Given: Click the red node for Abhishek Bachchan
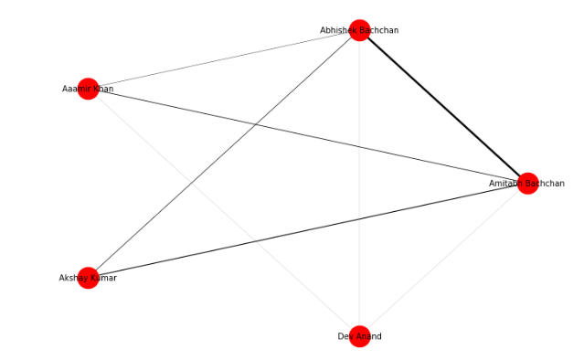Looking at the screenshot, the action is tap(359, 30).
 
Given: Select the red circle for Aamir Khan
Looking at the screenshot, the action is tap(88, 89).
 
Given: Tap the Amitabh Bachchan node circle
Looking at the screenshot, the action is tap(527, 183).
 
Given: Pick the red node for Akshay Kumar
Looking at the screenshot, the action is tap(88, 278).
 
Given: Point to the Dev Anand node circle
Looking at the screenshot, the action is tap(359, 336).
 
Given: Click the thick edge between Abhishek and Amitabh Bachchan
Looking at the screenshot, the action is tap(443, 106).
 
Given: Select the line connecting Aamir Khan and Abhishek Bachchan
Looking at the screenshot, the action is tap(223, 59).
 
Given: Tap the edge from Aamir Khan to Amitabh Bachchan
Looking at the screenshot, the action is tap(307, 135).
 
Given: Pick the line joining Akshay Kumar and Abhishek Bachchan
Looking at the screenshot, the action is tap(223, 154).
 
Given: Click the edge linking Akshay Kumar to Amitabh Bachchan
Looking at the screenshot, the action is tap(307, 230).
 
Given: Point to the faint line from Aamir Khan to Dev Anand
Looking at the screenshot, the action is tap(223, 212).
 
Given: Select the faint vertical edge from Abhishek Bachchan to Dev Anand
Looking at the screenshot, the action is tap(359, 183).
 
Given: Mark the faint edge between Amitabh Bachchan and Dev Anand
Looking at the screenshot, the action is tap(443, 259).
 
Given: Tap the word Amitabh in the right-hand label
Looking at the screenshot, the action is tap(505, 184).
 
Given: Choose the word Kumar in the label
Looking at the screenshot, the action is tap(102, 278).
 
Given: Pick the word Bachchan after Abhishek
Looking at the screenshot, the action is tap(378, 30).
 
